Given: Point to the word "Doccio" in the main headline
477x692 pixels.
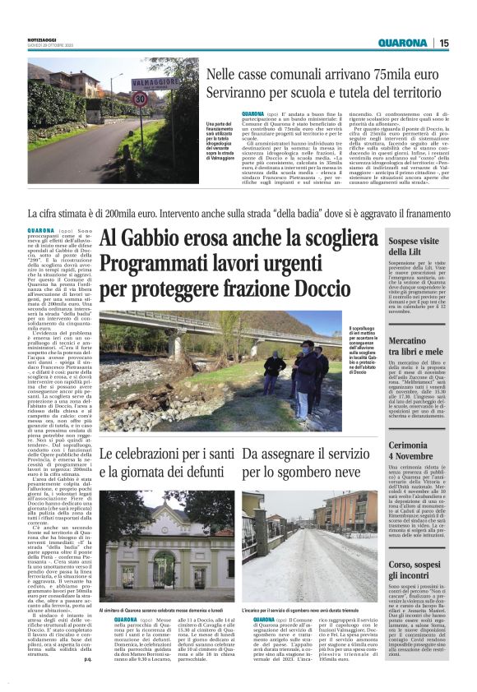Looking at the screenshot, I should coord(289,290).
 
